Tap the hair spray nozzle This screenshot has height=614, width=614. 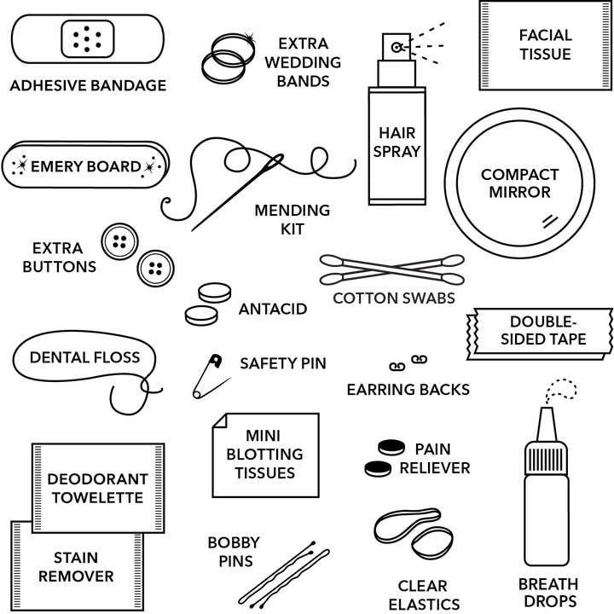[x=396, y=47]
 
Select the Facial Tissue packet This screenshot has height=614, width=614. [x=544, y=44]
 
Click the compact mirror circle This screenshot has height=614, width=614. [x=518, y=184]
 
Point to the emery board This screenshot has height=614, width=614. [x=85, y=166]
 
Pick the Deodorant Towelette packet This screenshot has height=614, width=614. [x=97, y=487]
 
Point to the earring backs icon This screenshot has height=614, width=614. [x=407, y=363]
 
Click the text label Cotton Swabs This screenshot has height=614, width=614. [x=393, y=298]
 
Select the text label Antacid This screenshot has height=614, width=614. [x=272, y=309]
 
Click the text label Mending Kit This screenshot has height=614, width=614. [x=292, y=219]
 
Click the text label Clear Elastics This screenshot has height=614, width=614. [x=423, y=594]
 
